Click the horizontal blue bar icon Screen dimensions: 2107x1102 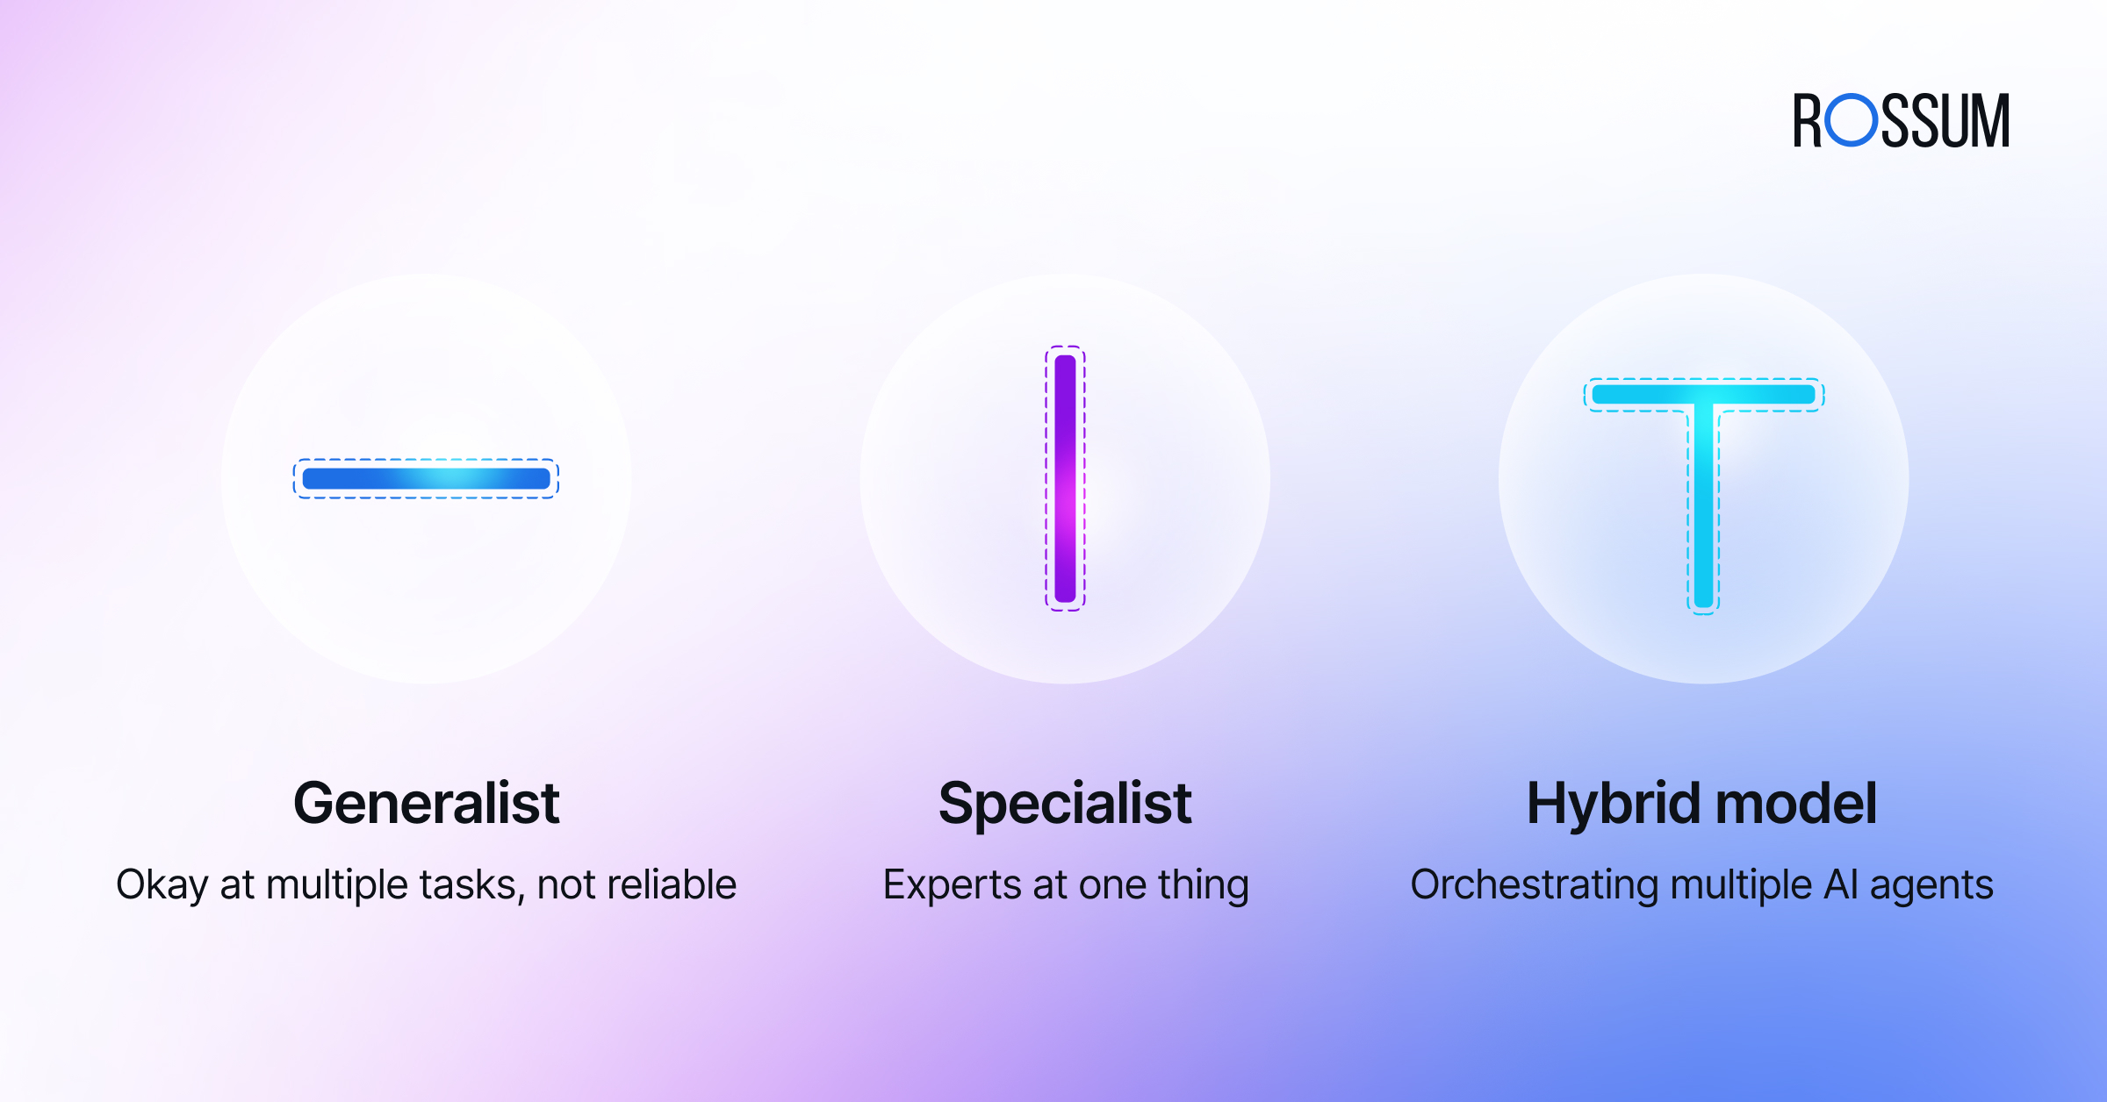click(x=426, y=478)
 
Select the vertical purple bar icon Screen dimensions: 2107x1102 click(x=1065, y=478)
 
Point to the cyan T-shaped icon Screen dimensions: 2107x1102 click(x=1703, y=395)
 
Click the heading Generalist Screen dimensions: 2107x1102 click(x=427, y=803)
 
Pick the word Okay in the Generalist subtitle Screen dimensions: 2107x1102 click(x=162, y=885)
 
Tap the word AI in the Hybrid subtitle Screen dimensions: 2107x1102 click(x=1841, y=884)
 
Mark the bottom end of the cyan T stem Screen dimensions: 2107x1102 click(x=1703, y=606)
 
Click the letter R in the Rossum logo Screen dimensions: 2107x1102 click(x=1808, y=120)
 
